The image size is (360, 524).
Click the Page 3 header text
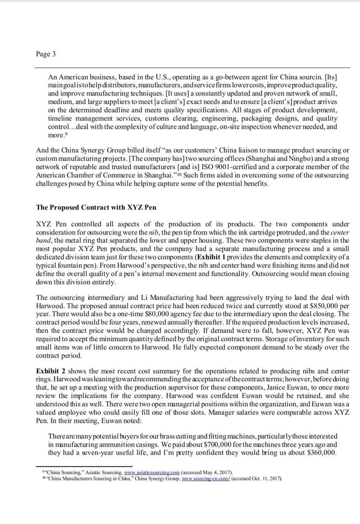[46, 54]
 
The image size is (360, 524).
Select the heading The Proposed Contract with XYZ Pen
[96, 208]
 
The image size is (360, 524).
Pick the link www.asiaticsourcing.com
[152, 472]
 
